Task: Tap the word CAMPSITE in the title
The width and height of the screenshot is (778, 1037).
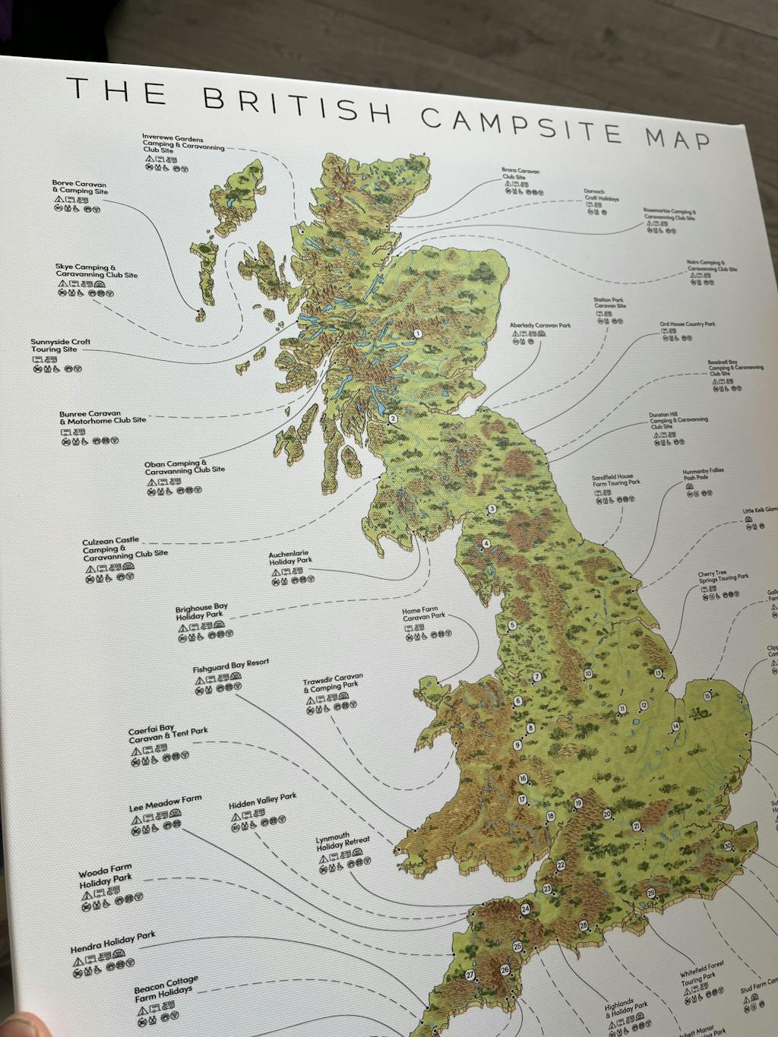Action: [522, 126]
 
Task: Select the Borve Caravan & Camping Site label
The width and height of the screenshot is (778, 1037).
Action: [80, 188]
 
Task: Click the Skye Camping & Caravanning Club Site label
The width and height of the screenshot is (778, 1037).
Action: [96, 271]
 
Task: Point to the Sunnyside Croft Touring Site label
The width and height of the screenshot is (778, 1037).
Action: [60, 346]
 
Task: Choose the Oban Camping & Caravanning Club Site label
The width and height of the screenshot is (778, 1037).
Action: [184, 467]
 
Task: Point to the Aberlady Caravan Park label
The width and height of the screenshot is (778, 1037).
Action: [539, 326]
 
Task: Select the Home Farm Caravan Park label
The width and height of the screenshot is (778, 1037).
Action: [423, 614]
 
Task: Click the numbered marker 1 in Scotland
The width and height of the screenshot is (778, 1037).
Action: [416, 334]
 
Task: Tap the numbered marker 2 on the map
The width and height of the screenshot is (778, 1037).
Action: [393, 419]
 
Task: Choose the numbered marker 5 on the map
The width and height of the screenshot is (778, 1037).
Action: [512, 626]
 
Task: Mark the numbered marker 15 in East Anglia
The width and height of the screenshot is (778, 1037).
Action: [707, 696]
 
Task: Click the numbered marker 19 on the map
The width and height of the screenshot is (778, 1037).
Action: [578, 803]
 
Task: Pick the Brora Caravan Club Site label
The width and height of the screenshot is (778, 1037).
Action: [520, 174]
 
